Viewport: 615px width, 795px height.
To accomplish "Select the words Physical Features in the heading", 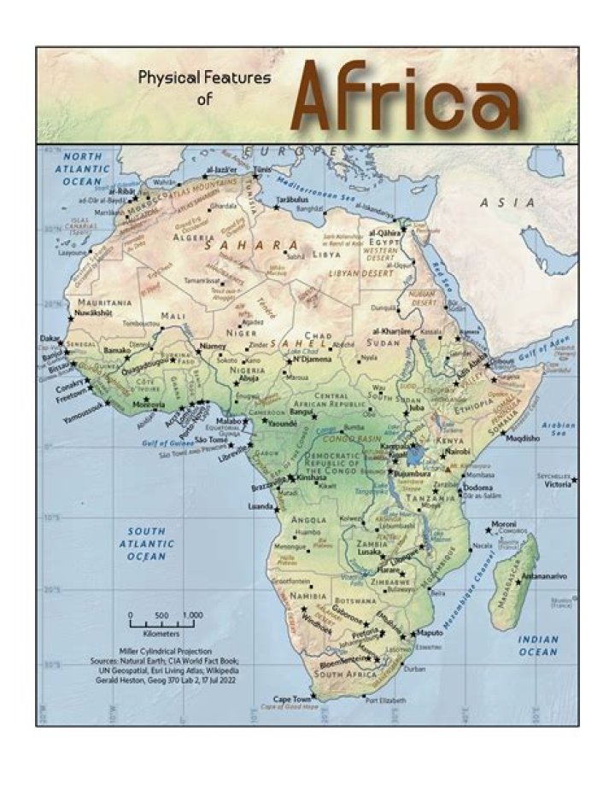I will (x=204, y=78).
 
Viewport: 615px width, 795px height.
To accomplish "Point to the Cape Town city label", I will (x=292, y=698).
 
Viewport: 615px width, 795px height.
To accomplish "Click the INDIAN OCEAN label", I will (x=537, y=646).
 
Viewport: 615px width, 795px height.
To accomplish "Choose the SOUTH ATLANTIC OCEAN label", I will (x=147, y=543).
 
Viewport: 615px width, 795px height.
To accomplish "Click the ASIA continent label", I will (x=507, y=203).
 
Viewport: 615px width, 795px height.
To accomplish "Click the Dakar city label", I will (x=50, y=338).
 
